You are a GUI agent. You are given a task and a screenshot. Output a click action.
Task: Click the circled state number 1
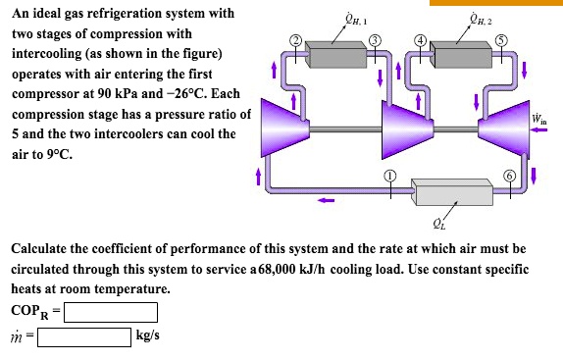pos(388,174)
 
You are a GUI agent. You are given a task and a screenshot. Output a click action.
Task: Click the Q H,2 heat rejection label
pos(483,17)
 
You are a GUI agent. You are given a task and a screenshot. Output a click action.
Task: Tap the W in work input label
pos(539,120)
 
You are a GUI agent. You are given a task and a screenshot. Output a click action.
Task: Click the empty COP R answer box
pos(110,313)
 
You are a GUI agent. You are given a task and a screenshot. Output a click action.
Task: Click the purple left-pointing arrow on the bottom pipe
pos(326,204)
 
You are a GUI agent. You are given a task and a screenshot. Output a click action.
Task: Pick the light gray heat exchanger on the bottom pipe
pos(449,190)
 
